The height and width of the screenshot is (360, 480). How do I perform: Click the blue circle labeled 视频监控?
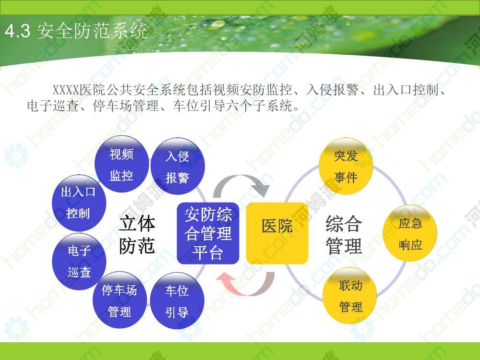(121, 164)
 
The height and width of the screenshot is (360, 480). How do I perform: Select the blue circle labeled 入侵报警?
(178, 166)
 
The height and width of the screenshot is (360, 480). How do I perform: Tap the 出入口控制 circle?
(79, 203)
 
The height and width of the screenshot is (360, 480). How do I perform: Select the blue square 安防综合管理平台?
(208, 233)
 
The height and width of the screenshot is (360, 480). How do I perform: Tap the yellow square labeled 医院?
(277, 233)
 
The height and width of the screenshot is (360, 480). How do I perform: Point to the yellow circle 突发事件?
(346, 167)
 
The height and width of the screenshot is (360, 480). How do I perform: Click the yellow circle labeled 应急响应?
(410, 234)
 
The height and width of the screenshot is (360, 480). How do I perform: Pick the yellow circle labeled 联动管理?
(350, 296)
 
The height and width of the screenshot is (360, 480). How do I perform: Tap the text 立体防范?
(137, 235)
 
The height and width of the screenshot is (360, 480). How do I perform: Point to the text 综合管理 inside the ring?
(344, 235)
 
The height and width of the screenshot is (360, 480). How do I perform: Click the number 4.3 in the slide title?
(17, 31)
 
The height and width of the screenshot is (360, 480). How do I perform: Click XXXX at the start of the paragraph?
(66, 90)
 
